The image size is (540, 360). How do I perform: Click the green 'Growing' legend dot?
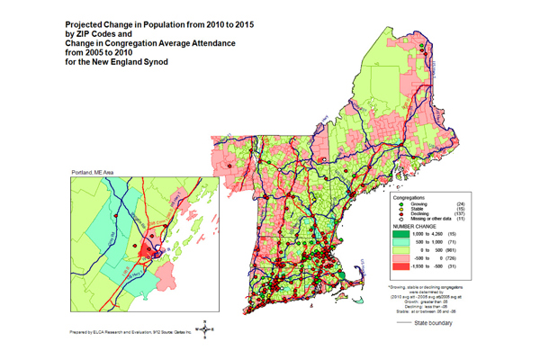click(x=400, y=202)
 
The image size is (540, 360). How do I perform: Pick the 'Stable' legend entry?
click(x=418, y=209)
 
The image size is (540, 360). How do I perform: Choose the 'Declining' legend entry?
click(x=421, y=215)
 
